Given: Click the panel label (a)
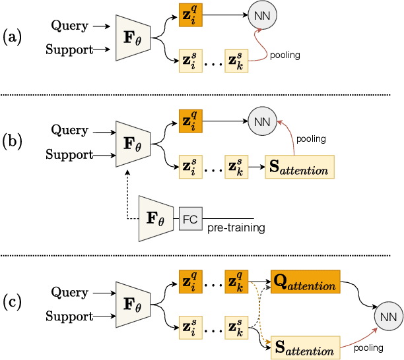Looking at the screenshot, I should tap(12, 38).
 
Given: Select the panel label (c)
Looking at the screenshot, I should tap(12, 303).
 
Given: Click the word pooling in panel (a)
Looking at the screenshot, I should tap(285, 55).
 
